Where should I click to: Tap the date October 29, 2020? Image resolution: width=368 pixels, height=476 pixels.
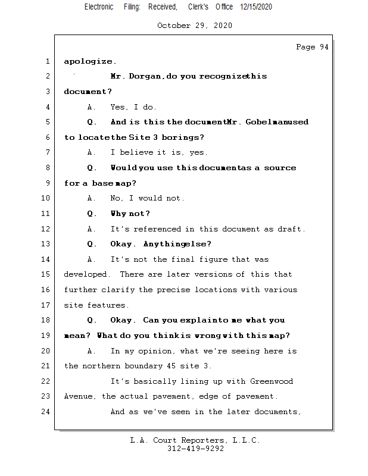[195, 26]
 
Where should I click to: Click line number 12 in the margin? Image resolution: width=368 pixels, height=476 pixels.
[46, 229]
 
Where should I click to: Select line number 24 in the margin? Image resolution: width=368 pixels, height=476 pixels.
[46, 412]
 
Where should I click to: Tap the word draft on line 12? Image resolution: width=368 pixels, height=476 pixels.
[292, 229]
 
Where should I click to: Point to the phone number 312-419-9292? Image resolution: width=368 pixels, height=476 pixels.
[195, 449]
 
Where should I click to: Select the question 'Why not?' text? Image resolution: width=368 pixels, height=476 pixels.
[130, 214]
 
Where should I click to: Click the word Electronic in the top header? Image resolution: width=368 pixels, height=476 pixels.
[99, 7]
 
